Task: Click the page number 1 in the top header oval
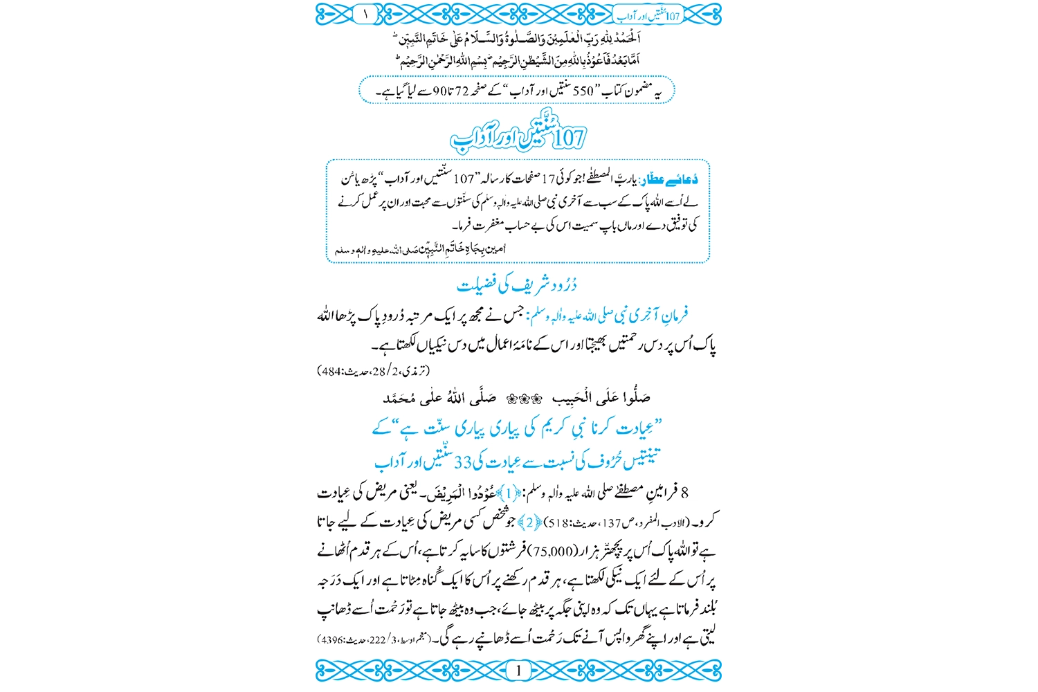click(x=365, y=13)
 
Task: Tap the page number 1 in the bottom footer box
click(x=518, y=670)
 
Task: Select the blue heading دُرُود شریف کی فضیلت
click(x=517, y=284)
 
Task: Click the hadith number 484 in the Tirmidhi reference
click(x=330, y=371)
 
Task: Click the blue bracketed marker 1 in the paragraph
click(x=509, y=493)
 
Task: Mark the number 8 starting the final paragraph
click(x=684, y=493)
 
